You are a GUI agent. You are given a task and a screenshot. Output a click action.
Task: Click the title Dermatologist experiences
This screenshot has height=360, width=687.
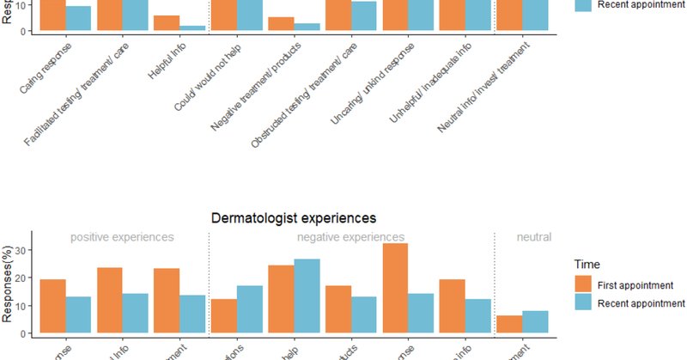pyautogui.click(x=294, y=218)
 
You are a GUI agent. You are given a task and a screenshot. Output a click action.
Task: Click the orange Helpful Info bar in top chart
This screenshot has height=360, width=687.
pyautogui.click(x=167, y=23)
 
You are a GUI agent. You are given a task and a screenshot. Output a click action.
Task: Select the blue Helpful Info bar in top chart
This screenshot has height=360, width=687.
pyautogui.click(x=193, y=28)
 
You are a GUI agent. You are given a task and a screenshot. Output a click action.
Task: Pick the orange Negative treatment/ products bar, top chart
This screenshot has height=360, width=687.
pyautogui.click(x=281, y=24)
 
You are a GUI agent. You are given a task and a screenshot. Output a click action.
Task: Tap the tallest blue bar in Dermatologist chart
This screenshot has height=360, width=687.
pyautogui.click(x=307, y=296)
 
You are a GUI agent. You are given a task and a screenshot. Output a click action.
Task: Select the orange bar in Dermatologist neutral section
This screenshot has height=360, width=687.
pyautogui.click(x=508, y=324)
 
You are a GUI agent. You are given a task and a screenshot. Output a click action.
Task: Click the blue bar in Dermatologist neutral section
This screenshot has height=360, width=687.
pyautogui.click(x=535, y=321)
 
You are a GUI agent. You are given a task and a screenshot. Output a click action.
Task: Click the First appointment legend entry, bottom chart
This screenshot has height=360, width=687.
pyautogui.click(x=628, y=285)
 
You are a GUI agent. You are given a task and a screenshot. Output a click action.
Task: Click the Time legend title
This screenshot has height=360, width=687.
pyautogui.click(x=587, y=266)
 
